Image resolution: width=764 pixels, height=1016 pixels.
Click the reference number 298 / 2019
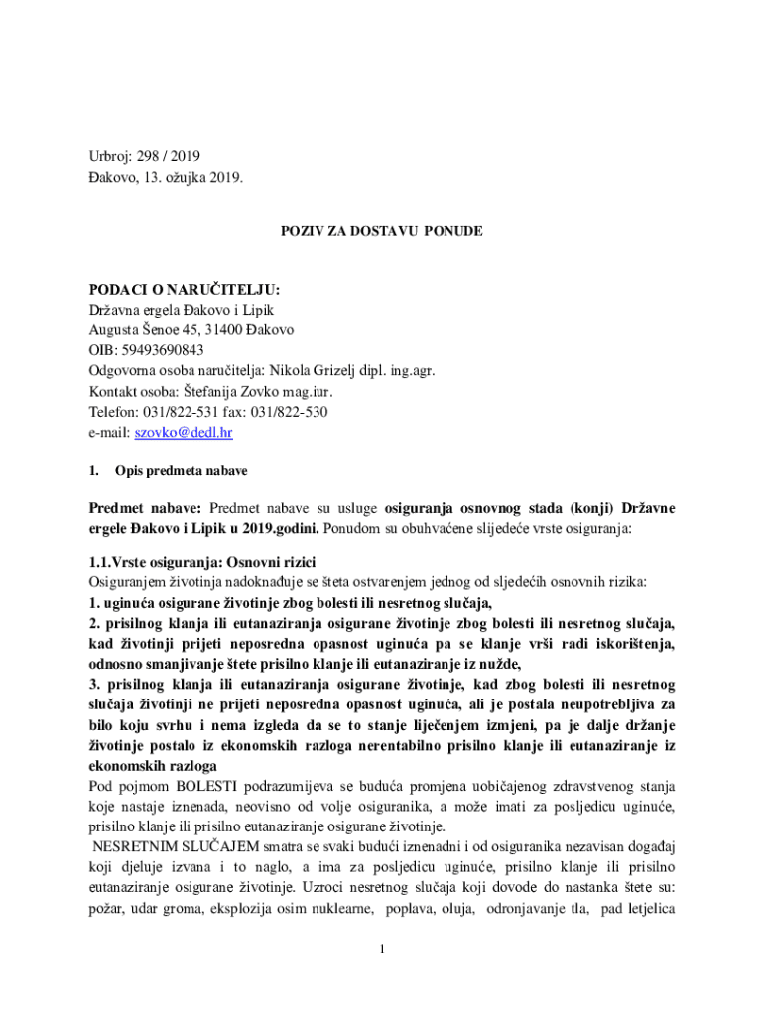click(x=168, y=156)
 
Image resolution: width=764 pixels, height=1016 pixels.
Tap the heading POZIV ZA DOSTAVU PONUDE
click(x=381, y=231)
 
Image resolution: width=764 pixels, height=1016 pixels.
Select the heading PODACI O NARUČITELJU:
click(x=185, y=289)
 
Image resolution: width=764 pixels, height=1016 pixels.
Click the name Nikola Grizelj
click(x=317, y=371)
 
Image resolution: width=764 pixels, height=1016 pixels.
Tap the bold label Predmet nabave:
click(x=145, y=508)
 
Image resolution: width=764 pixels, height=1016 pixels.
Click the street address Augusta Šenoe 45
click(x=145, y=329)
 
